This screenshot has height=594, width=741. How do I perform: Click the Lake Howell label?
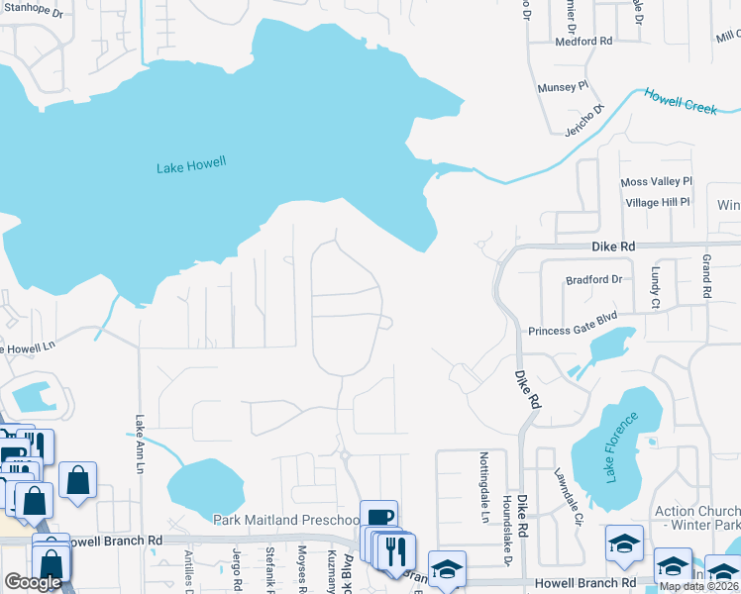[x=191, y=167]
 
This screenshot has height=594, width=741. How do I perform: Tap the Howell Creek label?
[x=681, y=101]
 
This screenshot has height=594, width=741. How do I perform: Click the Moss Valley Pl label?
[x=656, y=183]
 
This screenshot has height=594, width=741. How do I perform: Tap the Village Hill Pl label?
[x=658, y=202]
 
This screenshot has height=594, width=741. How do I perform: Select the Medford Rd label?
[x=584, y=42]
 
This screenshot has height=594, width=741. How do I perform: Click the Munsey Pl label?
[x=563, y=87]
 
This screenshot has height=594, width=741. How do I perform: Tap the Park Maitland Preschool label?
[x=286, y=520]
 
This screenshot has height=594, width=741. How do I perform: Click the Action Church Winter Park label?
[x=697, y=518]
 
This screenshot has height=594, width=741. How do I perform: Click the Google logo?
[x=33, y=582]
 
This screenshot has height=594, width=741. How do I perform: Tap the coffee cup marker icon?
[x=378, y=517]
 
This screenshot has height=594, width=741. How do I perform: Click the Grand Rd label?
[x=706, y=277]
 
